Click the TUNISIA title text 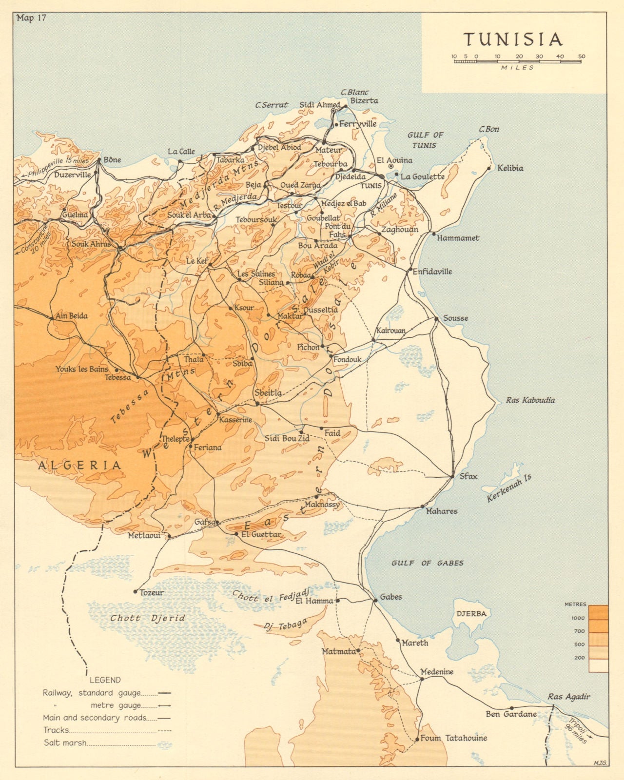[x=513, y=39]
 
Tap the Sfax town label [x=468, y=476]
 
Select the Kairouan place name [x=390, y=330]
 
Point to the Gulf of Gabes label [x=427, y=563]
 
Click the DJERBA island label [x=471, y=614]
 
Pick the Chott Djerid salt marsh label [x=148, y=618]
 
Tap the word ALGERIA [x=80, y=465]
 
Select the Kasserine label [x=236, y=420]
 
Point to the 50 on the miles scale [x=582, y=57]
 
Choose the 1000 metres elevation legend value [x=578, y=618]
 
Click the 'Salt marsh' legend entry [x=65, y=743]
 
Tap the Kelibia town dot [x=489, y=169]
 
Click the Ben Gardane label [x=511, y=714]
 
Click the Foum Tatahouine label [x=453, y=738]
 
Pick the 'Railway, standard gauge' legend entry [x=91, y=693]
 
